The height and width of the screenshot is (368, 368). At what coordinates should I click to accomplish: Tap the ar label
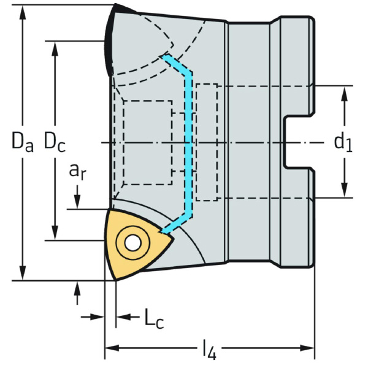[77, 172]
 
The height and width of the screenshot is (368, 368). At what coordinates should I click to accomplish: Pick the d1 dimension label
[343, 142]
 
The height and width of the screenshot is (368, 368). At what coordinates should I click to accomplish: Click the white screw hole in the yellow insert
[131, 242]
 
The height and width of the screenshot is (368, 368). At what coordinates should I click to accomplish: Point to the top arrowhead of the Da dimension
[23, 13]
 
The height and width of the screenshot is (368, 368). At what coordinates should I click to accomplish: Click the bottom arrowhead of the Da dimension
[23, 274]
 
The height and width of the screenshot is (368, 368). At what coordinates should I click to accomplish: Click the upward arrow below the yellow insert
[78, 288]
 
